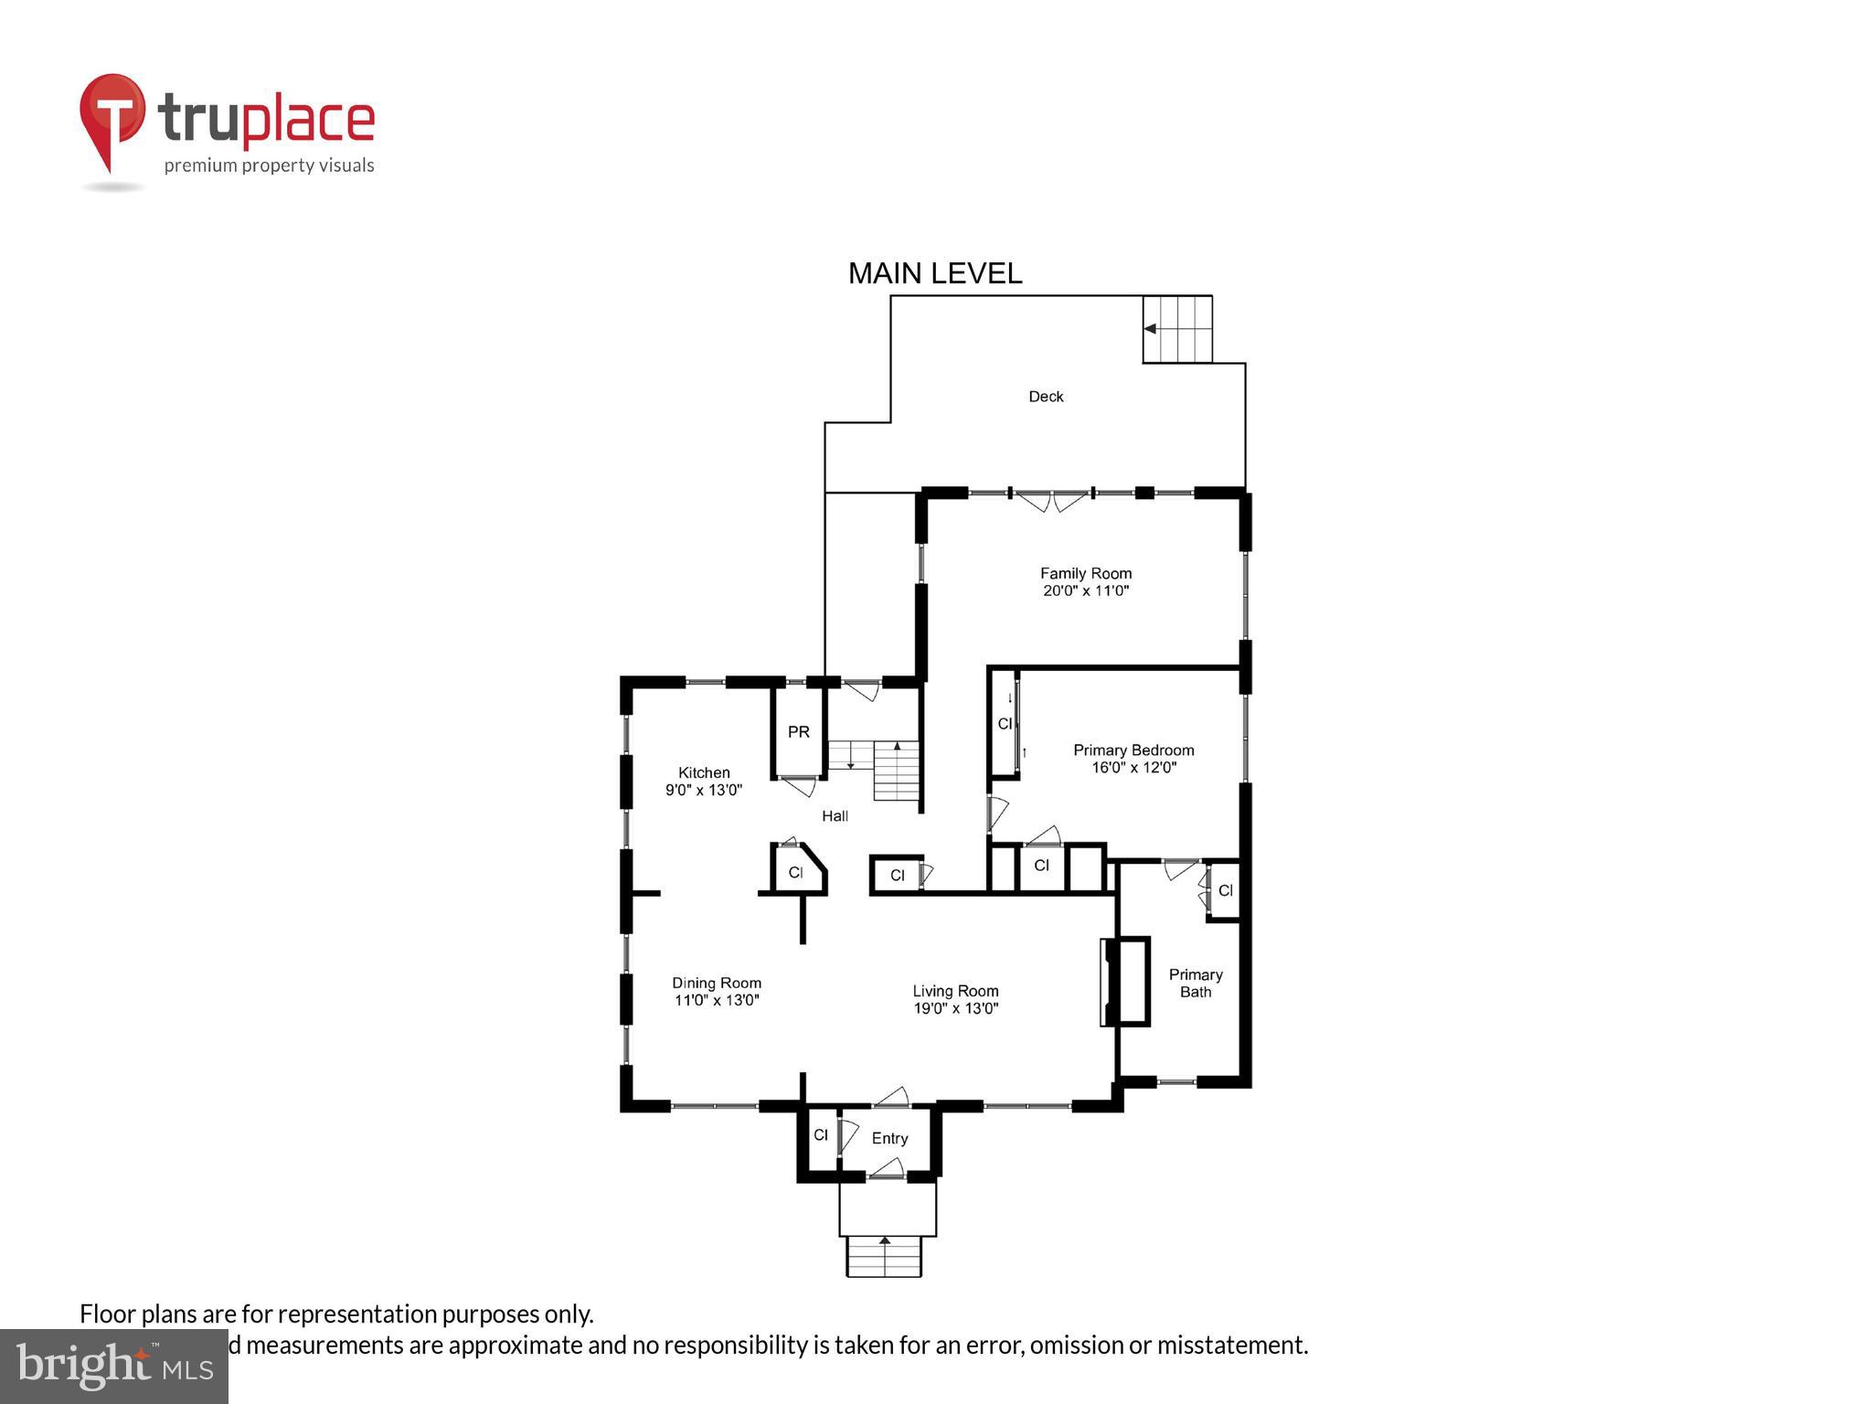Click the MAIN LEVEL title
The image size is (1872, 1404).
coord(934,273)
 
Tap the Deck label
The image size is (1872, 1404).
coord(1046,396)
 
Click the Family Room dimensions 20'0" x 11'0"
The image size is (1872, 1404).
coord(1086,590)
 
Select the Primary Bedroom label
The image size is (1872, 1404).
coord(1133,750)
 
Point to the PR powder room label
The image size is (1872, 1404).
coord(798,731)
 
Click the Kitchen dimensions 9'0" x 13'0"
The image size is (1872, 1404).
coord(703,790)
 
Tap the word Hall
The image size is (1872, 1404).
coord(835,815)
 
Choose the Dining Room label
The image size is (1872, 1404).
coord(716,983)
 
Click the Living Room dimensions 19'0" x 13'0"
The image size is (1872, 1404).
coord(955,1008)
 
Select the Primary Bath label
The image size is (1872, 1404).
coord(1195,984)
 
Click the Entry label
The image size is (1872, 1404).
coord(889,1138)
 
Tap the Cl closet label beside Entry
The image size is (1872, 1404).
coord(820,1135)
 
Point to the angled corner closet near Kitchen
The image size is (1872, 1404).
coord(797,871)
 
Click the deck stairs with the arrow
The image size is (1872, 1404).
coord(1177,329)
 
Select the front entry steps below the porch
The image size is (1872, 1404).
coord(884,1256)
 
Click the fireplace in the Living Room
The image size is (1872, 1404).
coord(1124,982)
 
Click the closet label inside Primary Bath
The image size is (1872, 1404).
coord(1225,890)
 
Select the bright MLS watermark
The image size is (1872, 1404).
coord(114,1366)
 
